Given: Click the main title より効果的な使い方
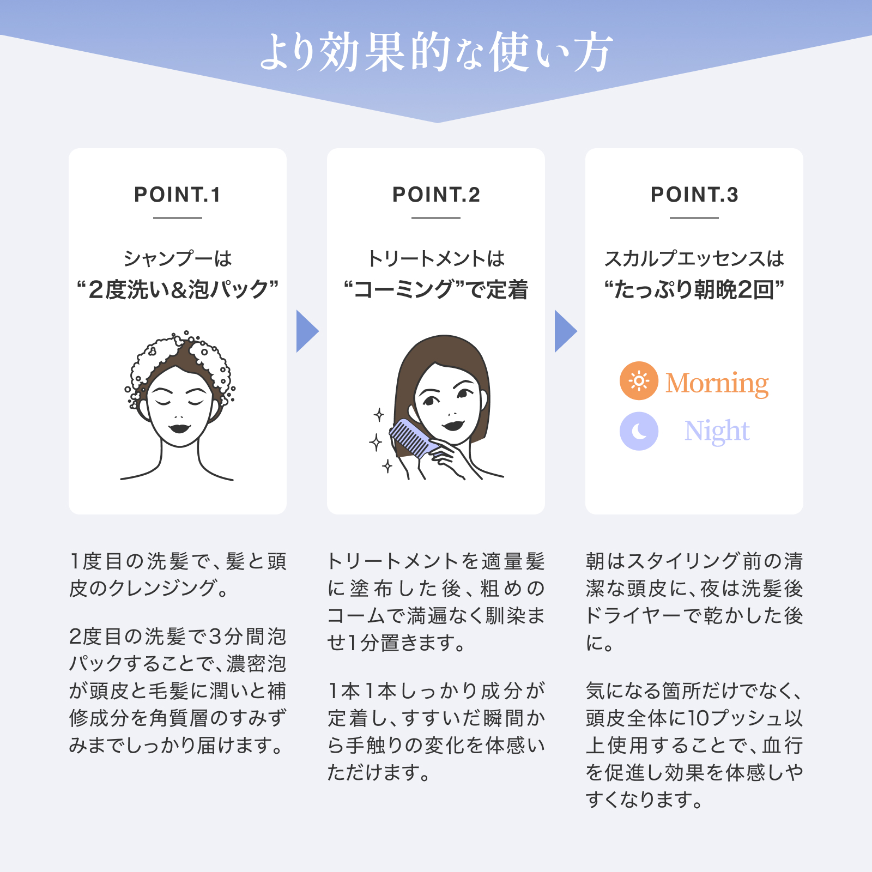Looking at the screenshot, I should [x=436, y=52].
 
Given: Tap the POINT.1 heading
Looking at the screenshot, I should [x=178, y=195].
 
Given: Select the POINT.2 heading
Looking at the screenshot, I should [x=436, y=195].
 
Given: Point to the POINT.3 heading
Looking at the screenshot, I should [x=694, y=195].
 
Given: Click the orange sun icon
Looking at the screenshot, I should [x=639, y=380].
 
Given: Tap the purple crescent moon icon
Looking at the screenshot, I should [x=639, y=431].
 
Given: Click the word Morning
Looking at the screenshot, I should [x=717, y=383].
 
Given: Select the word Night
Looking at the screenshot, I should [x=717, y=432].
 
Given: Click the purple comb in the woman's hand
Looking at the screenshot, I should [x=413, y=439].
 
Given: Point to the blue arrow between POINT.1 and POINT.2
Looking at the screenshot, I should [x=306, y=331].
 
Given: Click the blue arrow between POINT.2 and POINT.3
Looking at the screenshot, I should [x=565, y=331].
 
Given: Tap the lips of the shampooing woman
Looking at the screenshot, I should [x=179, y=427].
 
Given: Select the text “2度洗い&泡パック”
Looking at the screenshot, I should [x=178, y=289].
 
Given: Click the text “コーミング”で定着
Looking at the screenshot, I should [x=436, y=289].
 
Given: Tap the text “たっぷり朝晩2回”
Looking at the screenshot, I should [x=694, y=289].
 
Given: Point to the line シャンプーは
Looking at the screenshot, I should [x=178, y=258].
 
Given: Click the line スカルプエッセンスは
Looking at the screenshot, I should [x=694, y=258].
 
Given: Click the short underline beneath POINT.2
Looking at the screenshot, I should [x=436, y=218].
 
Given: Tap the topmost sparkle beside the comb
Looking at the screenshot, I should [x=379, y=415].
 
